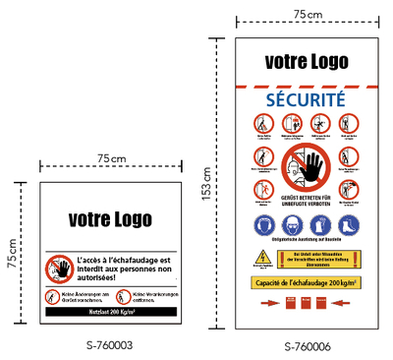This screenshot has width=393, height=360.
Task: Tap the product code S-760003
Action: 109,345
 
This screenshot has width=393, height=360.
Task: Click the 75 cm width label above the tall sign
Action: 308,14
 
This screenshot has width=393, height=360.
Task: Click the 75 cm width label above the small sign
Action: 111,159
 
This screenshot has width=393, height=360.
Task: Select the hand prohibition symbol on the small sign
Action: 58,268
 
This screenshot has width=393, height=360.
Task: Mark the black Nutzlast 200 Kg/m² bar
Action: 109,311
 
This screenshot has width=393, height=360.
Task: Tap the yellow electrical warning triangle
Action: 262,259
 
